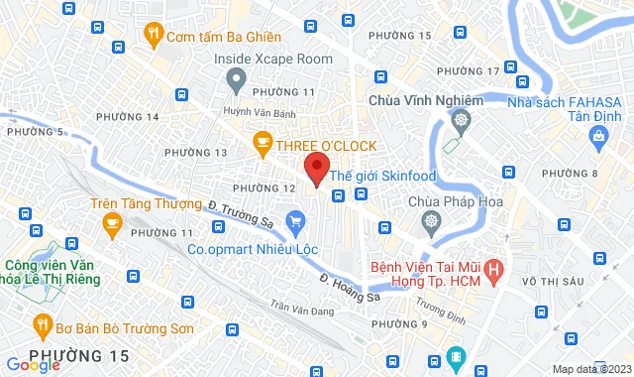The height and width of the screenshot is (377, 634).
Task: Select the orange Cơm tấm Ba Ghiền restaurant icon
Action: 153,33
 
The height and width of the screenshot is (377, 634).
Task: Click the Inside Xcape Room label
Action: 273,59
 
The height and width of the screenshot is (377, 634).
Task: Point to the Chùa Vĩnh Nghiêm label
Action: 425,100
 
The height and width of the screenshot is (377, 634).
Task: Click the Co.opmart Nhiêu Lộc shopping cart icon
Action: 294,219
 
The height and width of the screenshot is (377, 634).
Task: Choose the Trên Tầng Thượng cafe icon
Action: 112,218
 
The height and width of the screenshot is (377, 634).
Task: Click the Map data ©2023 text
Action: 590,369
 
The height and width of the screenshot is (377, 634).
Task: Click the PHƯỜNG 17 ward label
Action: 468,71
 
